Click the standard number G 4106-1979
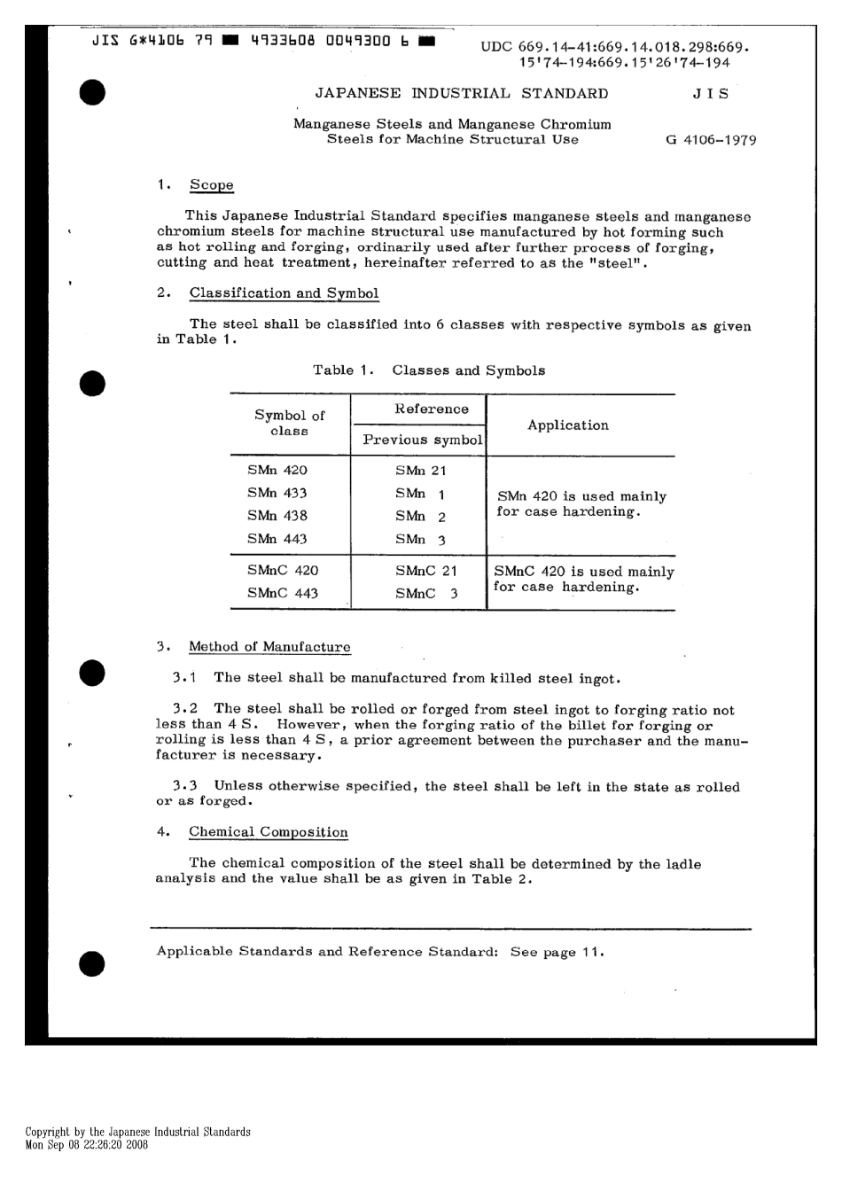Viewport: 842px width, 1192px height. pos(710,140)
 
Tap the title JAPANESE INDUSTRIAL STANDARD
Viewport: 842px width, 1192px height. pos(462,94)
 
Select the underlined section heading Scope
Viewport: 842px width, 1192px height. pos(211,185)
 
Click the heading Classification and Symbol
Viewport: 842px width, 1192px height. pos(284,293)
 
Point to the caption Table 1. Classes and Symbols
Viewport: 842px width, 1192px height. pos(429,370)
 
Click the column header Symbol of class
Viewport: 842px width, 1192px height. pos(290,424)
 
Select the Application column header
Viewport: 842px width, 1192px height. pos(568,425)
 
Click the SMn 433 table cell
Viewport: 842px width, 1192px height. pos(277,493)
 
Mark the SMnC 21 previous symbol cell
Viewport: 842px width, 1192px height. pos(426,571)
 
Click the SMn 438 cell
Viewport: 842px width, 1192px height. pos(277,516)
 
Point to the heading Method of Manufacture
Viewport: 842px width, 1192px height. pos(269,647)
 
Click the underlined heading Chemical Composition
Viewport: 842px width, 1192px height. pos(268,832)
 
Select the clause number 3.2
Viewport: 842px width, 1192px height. pos(185,709)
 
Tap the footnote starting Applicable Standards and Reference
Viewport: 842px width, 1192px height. pos(380,952)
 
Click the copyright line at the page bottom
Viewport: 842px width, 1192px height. pos(137,1132)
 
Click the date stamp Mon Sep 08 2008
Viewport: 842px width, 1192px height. pos(86,1144)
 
